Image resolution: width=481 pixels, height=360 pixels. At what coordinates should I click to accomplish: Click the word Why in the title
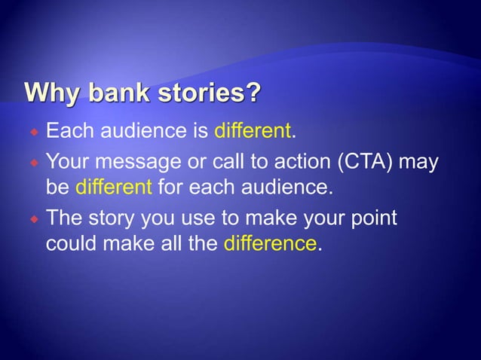coord(54,96)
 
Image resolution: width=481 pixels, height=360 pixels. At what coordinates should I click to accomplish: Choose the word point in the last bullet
coord(373,218)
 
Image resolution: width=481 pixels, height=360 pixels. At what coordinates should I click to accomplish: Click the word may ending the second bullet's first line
coord(419,161)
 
